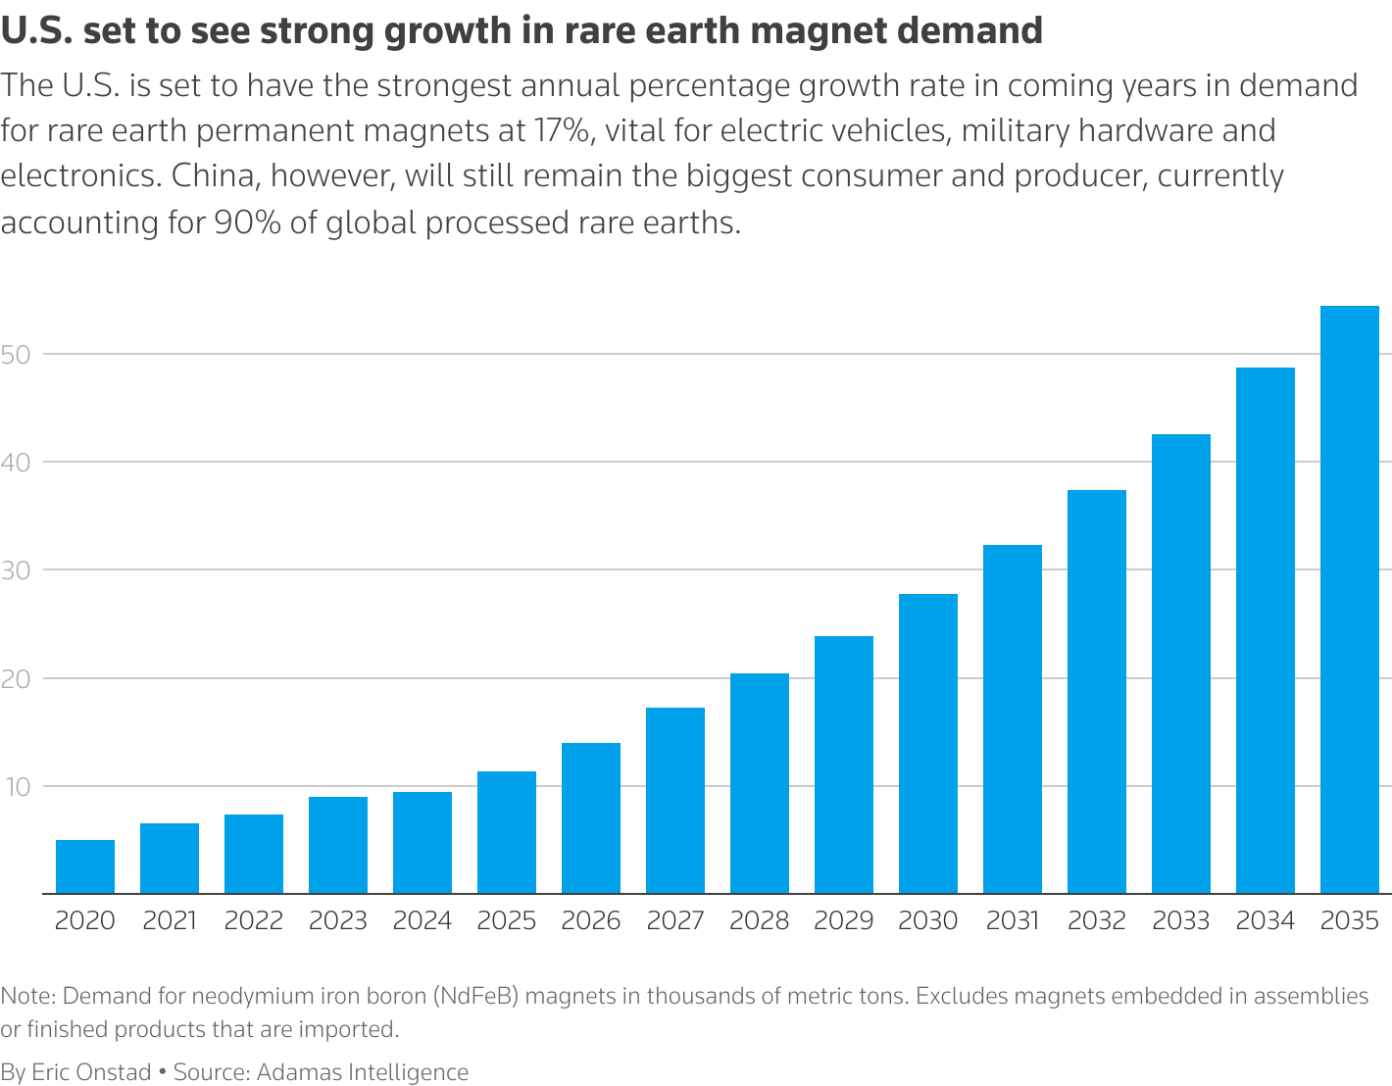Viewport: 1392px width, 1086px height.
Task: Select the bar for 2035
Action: tap(1349, 600)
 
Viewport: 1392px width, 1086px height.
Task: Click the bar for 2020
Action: tap(85, 866)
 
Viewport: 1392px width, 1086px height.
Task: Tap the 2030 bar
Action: tap(927, 744)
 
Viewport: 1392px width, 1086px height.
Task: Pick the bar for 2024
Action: tap(423, 843)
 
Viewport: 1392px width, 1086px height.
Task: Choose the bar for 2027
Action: tap(674, 801)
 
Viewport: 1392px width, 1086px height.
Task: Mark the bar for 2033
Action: tap(1180, 664)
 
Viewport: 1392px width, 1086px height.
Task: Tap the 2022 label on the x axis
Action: tap(254, 921)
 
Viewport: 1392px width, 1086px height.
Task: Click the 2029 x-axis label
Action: tap(843, 921)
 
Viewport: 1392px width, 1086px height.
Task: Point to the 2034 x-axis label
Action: tap(1265, 921)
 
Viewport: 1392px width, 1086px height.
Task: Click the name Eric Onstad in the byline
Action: tap(91, 1072)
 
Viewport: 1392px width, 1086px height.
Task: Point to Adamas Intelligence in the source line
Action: tap(363, 1072)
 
